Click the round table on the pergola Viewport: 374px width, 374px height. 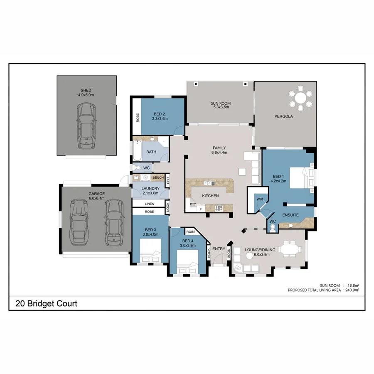[x=300, y=98]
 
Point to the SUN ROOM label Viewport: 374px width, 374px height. [x=221, y=103]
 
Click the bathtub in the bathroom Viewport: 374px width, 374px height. [x=137, y=152]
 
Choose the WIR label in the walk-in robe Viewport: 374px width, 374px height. [x=260, y=199]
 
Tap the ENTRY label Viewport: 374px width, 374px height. [x=219, y=249]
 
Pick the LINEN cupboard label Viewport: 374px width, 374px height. [x=149, y=204]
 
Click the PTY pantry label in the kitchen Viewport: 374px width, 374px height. [x=192, y=204]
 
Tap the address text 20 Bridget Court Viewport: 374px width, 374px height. [x=47, y=304]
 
